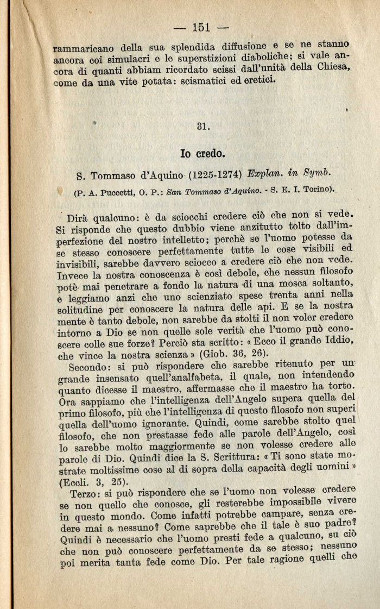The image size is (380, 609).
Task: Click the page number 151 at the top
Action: click(x=200, y=27)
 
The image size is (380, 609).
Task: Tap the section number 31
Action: click(x=203, y=126)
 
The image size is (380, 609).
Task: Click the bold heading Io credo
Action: click(x=202, y=153)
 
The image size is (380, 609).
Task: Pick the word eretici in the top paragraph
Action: click(x=257, y=80)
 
